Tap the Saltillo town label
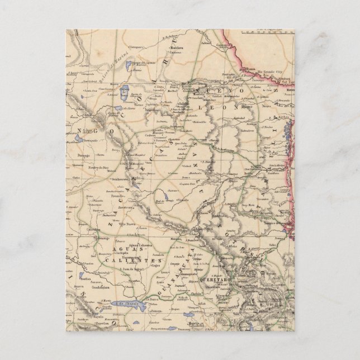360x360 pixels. click(183, 104)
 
